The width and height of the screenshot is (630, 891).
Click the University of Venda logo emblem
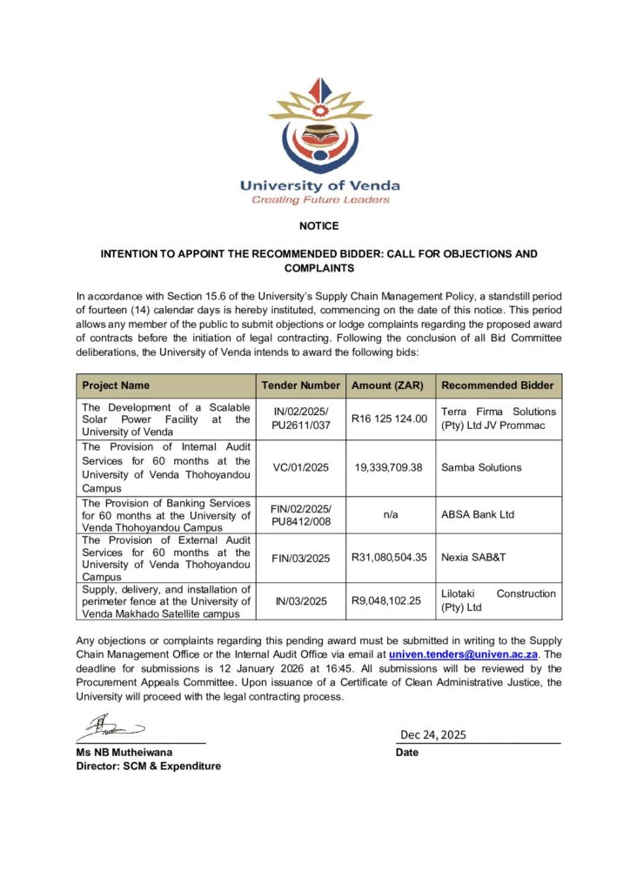click(319, 126)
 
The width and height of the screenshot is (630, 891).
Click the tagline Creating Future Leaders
click(320, 200)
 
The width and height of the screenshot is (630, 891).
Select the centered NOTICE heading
click(319, 226)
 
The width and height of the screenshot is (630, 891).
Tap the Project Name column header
click(116, 385)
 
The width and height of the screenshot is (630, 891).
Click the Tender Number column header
click(300, 385)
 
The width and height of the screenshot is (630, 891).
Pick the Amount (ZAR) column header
click(389, 385)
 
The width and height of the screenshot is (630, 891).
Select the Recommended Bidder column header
click(496, 385)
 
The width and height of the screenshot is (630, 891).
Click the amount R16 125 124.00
click(389, 419)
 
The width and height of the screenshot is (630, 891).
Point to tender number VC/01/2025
click(300, 467)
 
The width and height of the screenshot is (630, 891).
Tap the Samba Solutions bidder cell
click(481, 467)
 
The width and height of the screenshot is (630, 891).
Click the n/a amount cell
click(389, 514)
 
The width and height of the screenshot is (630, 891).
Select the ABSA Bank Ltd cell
click(478, 514)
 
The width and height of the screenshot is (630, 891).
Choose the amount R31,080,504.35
click(389, 558)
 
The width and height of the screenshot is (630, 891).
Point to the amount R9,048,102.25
click(389, 600)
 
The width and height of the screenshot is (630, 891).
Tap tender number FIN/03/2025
click(300, 558)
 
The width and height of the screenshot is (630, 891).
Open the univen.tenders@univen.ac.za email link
click(465, 652)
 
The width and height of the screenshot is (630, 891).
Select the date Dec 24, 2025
click(433, 735)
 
